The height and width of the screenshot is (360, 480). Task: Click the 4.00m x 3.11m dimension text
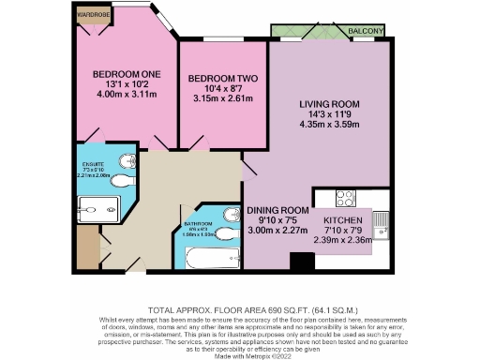126,96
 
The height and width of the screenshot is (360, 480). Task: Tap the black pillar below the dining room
302,262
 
